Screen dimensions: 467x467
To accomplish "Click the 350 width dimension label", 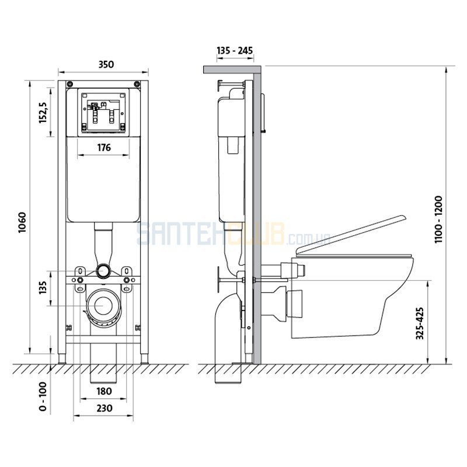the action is pos(106,64).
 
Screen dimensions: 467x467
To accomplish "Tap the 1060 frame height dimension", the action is pos(23,222).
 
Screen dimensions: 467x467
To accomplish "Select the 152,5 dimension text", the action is pos(43,113).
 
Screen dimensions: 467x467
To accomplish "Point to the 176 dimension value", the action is pos(104,148).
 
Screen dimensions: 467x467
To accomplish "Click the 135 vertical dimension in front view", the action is pos(43,288).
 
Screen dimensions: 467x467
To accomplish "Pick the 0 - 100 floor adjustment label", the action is pos(43,396).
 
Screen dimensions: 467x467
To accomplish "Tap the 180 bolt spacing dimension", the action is pos(104,391).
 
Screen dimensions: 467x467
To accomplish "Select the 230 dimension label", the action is pos(104,407).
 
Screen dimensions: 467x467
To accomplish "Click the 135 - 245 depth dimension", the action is pos(235,51).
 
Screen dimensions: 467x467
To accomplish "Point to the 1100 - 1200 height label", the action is pos(438,219).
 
